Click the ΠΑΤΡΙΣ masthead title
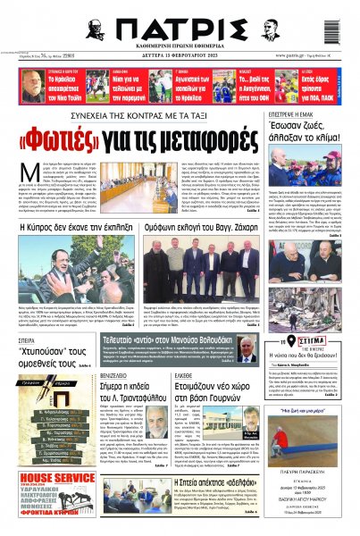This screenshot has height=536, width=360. (178, 29)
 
